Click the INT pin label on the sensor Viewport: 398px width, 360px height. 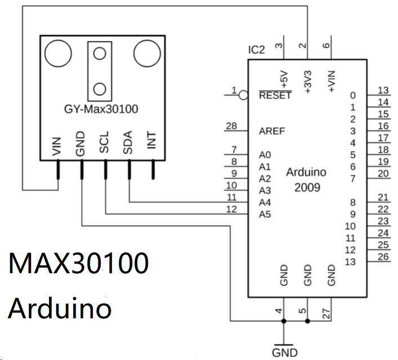(x=151, y=143)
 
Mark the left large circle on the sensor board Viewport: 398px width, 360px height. (x=57, y=53)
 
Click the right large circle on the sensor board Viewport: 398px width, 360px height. (x=147, y=53)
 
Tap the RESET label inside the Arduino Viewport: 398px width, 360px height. (x=275, y=95)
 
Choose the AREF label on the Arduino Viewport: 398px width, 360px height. (x=272, y=131)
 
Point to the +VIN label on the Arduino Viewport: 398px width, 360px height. (x=332, y=81)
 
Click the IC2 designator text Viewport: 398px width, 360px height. (x=256, y=50)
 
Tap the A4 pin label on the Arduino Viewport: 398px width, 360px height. (x=265, y=202)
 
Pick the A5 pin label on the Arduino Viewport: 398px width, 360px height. (x=265, y=214)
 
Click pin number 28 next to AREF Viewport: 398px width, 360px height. (x=231, y=126)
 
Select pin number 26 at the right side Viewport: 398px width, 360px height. (x=384, y=256)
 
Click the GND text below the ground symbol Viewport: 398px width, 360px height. (x=284, y=353)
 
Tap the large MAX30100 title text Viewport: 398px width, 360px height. (x=79, y=264)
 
